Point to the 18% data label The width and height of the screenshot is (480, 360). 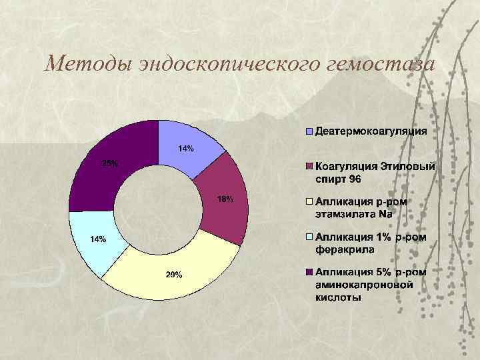point(225,199)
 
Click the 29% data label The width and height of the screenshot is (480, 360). point(174,275)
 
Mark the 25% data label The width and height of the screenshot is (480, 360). point(110,163)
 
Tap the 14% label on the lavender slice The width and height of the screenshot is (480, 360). point(186,149)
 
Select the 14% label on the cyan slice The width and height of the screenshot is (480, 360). point(98,239)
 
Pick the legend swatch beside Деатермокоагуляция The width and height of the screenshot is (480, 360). point(309,131)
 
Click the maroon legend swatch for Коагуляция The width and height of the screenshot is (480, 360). point(309,166)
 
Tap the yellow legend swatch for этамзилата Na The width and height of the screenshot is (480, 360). point(309,201)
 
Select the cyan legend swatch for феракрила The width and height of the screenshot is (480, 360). point(309,237)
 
